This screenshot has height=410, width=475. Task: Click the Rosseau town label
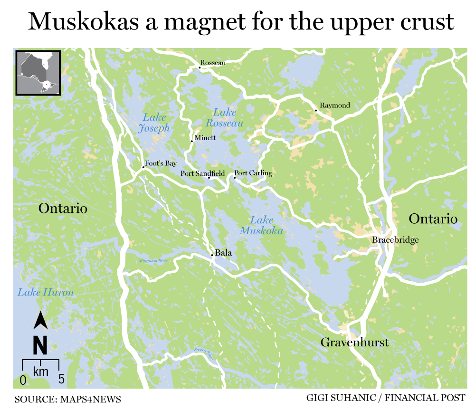point(213,63)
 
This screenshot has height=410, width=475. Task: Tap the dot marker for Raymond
point(316,111)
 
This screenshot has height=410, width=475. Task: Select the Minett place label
point(205,138)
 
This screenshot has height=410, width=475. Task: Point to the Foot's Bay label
point(161,163)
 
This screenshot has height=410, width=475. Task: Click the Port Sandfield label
point(202,173)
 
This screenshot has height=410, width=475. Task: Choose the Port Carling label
point(254,173)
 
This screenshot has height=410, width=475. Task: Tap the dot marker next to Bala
point(212,255)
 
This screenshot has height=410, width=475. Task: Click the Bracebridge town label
point(395,240)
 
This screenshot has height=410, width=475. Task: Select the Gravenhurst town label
point(354,342)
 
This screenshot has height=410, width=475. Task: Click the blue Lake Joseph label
point(154,123)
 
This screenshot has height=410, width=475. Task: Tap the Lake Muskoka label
point(261,226)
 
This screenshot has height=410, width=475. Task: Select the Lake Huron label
point(46,292)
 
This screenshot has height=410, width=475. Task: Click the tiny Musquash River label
point(153,261)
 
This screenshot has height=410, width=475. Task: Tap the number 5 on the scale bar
point(61,380)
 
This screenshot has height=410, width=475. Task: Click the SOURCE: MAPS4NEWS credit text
point(67,399)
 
